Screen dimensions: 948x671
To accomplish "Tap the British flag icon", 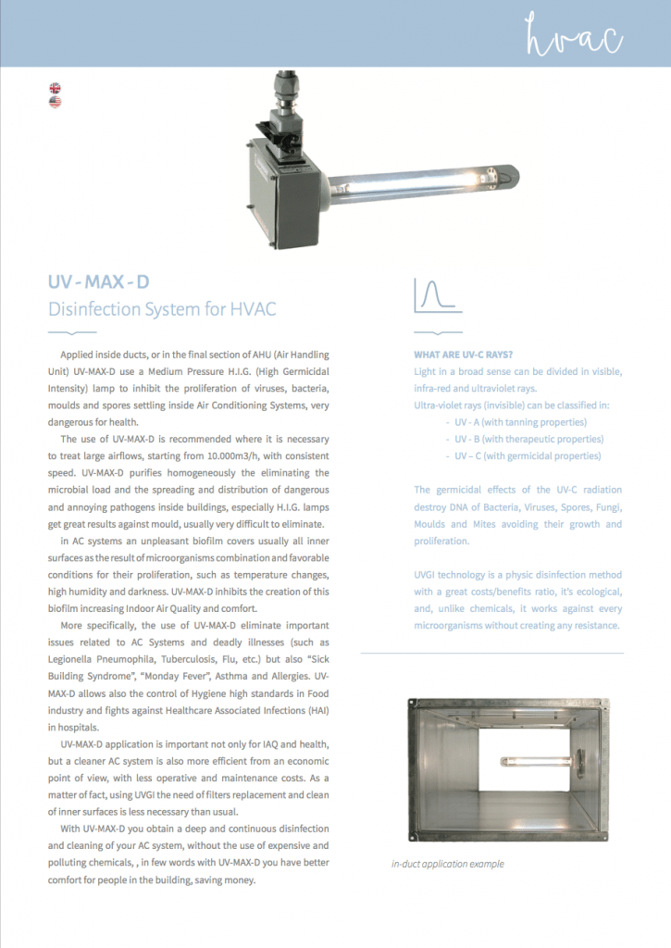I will [x=56, y=89].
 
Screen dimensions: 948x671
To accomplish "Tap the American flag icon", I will [x=56, y=103].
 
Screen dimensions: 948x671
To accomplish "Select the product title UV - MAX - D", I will [x=99, y=281].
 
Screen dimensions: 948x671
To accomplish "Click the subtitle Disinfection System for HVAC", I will [x=162, y=308].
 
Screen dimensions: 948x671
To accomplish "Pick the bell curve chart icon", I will [x=437, y=295].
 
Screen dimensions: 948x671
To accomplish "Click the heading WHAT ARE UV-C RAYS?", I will [x=463, y=355].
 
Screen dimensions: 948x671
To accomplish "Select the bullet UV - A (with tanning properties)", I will [x=522, y=422].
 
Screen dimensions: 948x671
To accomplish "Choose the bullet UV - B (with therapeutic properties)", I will [x=528, y=439].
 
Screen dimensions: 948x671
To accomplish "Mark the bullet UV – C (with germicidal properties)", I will [x=528, y=455].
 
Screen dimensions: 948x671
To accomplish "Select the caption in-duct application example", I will [x=449, y=865].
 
